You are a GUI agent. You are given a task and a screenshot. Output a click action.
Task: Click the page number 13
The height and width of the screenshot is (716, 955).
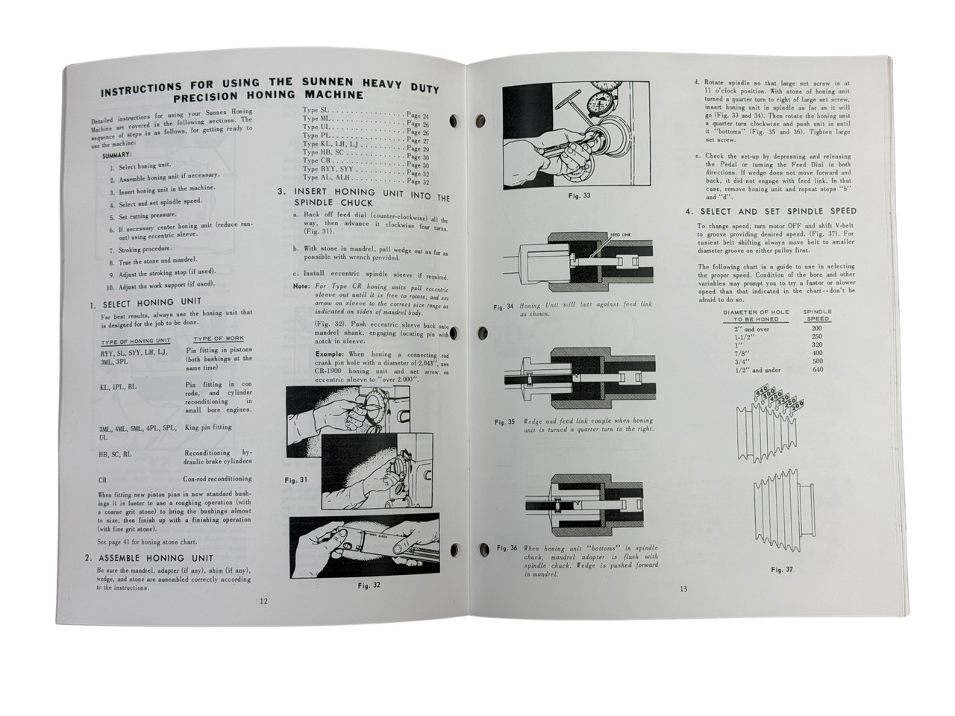tap(683, 588)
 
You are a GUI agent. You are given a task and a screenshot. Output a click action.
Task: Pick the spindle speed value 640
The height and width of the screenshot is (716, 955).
tap(818, 369)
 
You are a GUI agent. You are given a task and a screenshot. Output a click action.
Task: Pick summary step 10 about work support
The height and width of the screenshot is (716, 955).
tap(160, 284)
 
